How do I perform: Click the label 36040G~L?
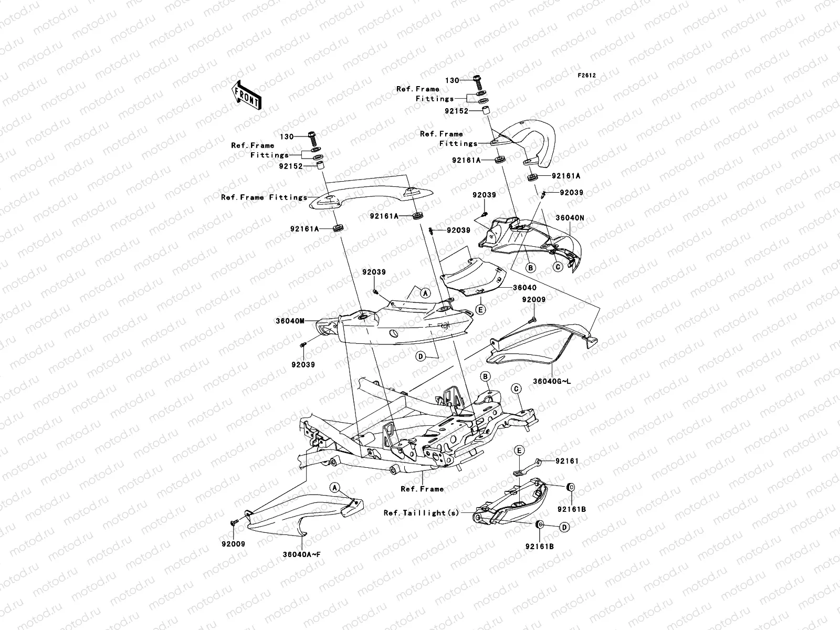(551, 380)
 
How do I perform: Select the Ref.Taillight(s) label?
(422, 513)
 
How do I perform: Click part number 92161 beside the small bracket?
(567, 461)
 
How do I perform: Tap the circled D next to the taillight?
(564, 526)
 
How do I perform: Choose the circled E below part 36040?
(480, 310)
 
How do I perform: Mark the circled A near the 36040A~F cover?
(334, 488)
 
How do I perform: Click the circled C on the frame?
(516, 388)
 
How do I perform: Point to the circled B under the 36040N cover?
(531, 268)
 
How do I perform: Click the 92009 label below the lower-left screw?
(233, 544)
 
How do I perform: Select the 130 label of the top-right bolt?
(451, 81)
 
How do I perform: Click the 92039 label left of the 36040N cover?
(484, 195)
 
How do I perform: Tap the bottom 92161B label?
(539, 547)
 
